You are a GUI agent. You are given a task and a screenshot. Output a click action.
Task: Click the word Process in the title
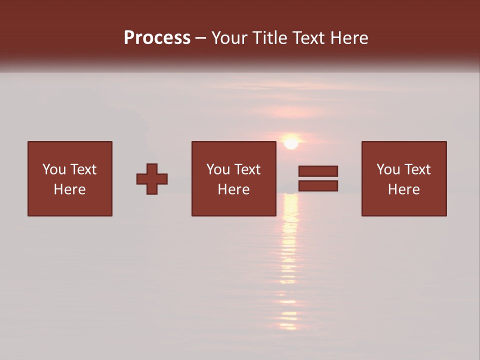157,38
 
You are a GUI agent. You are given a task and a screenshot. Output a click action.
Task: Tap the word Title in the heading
270,38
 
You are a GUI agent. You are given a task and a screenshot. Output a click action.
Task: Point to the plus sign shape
152,179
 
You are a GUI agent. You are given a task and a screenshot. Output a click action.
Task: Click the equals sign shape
318,178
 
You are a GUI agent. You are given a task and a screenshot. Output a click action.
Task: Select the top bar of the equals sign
318,171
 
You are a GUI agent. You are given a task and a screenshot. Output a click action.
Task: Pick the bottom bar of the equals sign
318,186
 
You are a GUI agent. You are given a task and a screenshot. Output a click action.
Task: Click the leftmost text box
69,178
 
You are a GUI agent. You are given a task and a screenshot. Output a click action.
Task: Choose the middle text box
233,178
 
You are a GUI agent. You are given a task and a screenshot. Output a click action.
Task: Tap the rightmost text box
403,178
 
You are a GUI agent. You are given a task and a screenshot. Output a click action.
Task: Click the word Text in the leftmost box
83,169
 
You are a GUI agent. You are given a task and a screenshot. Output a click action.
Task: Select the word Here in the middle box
233,189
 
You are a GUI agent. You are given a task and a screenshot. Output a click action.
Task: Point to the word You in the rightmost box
388,169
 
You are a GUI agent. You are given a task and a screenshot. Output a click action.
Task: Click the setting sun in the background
291,142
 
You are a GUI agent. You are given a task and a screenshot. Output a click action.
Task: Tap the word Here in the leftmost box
69,189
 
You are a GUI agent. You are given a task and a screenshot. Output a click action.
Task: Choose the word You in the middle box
218,169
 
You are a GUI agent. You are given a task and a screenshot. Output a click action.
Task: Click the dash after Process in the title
201,38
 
